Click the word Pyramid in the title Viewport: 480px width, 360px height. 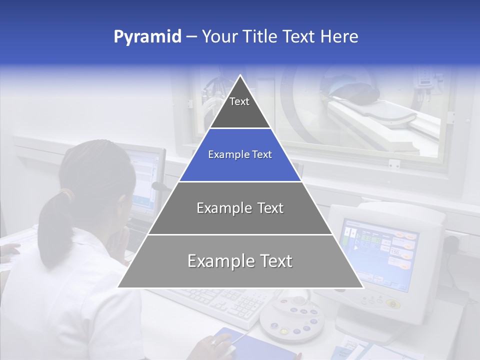[147, 37]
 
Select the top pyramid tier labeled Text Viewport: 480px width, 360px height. [239, 105]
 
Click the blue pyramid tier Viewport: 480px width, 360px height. [240, 155]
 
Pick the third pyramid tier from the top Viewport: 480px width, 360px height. [240, 208]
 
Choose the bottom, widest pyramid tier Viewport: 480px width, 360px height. [240, 261]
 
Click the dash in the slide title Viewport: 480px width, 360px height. [191, 37]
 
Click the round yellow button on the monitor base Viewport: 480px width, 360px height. [393, 304]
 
